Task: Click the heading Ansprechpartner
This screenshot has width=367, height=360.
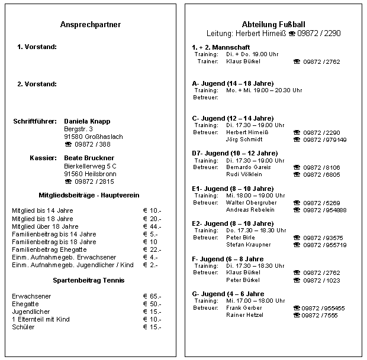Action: [x=91, y=25]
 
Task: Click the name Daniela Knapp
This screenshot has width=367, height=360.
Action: [x=86, y=121]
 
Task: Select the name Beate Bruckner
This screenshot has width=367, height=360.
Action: [x=88, y=158]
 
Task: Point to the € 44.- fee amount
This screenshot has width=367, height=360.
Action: [x=152, y=226]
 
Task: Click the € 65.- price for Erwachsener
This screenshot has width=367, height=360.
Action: [x=152, y=296]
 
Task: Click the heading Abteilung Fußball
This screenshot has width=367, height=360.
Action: [x=274, y=24]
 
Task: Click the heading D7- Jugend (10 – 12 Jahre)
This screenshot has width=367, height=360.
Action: [x=235, y=153]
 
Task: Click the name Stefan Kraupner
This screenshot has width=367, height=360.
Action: [x=249, y=245]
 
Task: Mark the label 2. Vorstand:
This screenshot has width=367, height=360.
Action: [x=37, y=84]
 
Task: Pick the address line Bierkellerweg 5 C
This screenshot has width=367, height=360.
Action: [x=90, y=166]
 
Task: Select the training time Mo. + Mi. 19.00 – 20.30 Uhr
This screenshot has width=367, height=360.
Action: [x=264, y=90]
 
